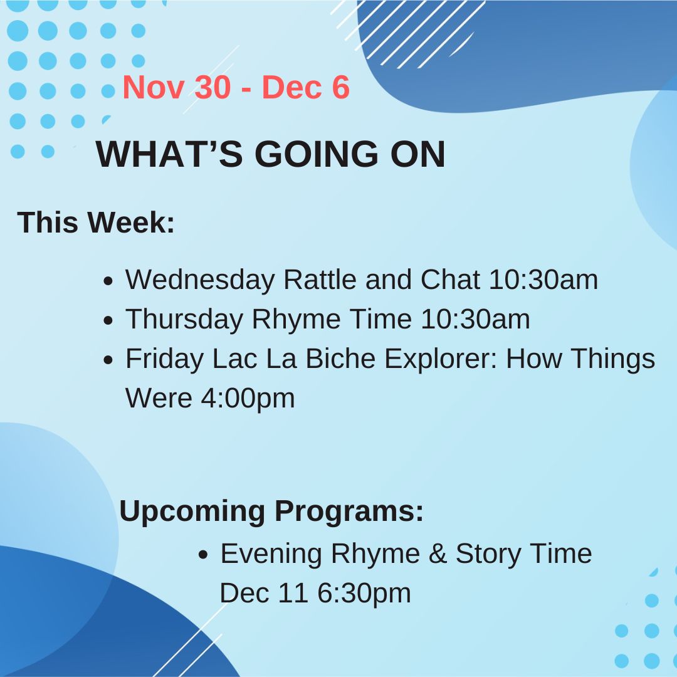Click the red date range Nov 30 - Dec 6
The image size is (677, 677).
pyautogui.click(x=236, y=88)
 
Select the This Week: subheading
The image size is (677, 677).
pyautogui.click(x=96, y=223)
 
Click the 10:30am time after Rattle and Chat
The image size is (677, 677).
pyautogui.click(x=543, y=280)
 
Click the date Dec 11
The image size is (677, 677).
pyautogui.click(x=263, y=593)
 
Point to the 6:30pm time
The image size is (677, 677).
pyautogui.click(x=364, y=593)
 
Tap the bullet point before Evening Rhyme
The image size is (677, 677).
pyautogui.click(x=203, y=555)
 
